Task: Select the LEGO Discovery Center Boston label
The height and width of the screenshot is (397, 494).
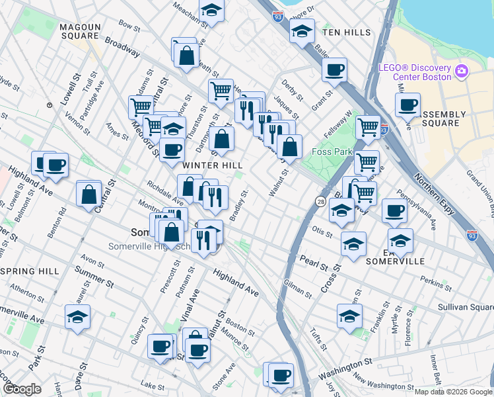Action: click(x=414, y=71)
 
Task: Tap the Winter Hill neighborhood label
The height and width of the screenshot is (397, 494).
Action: click(x=209, y=164)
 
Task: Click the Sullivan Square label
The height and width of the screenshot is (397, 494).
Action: click(x=465, y=308)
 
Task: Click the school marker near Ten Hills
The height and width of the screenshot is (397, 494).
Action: click(x=302, y=31)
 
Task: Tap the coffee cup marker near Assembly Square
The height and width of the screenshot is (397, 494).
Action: click(x=407, y=105)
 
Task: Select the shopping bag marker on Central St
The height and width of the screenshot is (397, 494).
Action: click(x=88, y=195)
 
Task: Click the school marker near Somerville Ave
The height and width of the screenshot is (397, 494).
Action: click(x=78, y=316)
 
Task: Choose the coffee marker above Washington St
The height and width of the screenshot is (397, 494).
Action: click(x=280, y=375)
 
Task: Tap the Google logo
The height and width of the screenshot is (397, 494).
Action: click(x=22, y=389)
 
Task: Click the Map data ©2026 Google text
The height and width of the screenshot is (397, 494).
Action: click(x=452, y=392)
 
